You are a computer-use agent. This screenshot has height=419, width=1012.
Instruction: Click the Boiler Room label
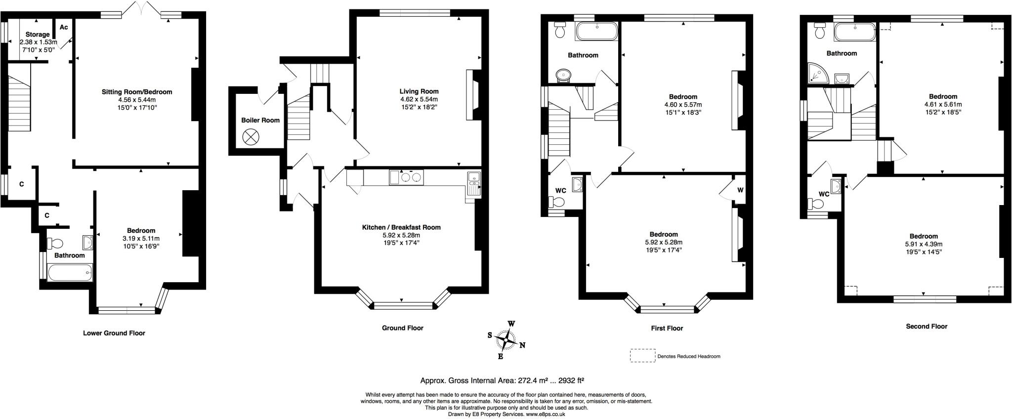point(260,120)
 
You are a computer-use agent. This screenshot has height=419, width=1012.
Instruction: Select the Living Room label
point(419,91)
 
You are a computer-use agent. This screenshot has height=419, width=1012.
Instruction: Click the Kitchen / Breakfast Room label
point(401,227)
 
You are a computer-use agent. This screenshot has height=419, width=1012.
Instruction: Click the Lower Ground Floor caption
point(114,333)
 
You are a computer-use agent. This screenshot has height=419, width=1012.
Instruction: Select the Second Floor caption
point(927,326)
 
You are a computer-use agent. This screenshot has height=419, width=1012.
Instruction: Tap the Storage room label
point(38,35)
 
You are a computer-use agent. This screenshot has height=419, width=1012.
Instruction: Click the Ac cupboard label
point(64,27)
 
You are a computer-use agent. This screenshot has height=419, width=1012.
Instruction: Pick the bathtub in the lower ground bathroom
point(70,272)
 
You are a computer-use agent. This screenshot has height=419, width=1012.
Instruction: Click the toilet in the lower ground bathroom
point(55,243)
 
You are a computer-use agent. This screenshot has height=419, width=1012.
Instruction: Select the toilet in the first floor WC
point(557,202)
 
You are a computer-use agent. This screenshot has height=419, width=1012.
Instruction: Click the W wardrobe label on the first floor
point(740,190)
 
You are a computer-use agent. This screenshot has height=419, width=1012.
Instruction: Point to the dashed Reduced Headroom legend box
point(641,356)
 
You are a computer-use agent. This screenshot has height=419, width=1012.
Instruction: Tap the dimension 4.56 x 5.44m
point(137,99)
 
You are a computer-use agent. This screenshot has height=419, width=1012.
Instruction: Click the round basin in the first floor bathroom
point(563,76)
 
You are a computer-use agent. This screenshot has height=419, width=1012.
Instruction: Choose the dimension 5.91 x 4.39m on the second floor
point(924,244)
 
